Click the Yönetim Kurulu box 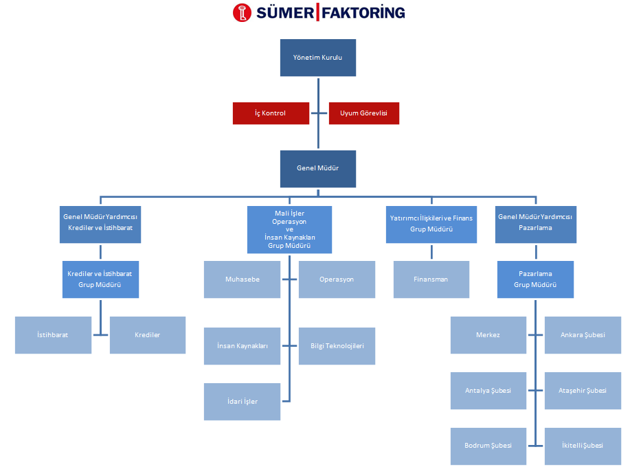(x=317, y=58)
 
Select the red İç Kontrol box (x=271, y=113)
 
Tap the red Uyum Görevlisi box (x=364, y=113)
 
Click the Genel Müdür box (x=317, y=168)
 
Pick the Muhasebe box (x=242, y=279)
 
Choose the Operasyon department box (x=337, y=279)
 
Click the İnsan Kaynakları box (x=242, y=346)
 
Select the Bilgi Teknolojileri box (x=337, y=346)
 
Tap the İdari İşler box (x=242, y=402)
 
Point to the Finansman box (x=431, y=279)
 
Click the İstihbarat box (x=53, y=335)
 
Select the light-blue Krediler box (x=148, y=335)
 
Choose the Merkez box (x=488, y=335)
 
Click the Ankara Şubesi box (x=583, y=335)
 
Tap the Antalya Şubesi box (x=488, y=391)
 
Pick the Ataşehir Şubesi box (x=583, y=391)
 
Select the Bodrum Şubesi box (x=488, y=446)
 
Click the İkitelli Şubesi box (x=583, y=446)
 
